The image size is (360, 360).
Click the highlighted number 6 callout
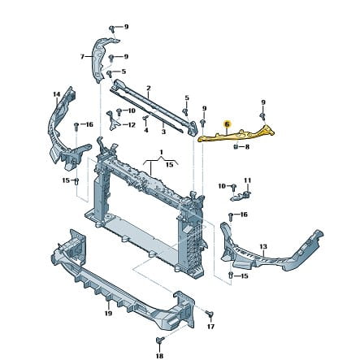[x=227, y=124]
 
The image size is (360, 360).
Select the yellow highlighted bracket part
[x=236, y=136]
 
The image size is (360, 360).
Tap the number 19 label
[x=108, y=314]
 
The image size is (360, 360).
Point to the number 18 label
[x=160, y=356]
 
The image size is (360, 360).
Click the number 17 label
[x=210, y=327]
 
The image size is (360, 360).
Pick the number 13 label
[x=263, y=246]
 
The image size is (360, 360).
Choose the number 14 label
[x=56, y=94]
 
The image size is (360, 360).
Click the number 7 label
[x=82, y=57]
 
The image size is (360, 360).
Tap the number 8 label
[x=247, y=147]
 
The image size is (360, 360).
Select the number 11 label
[x=248, y=180]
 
